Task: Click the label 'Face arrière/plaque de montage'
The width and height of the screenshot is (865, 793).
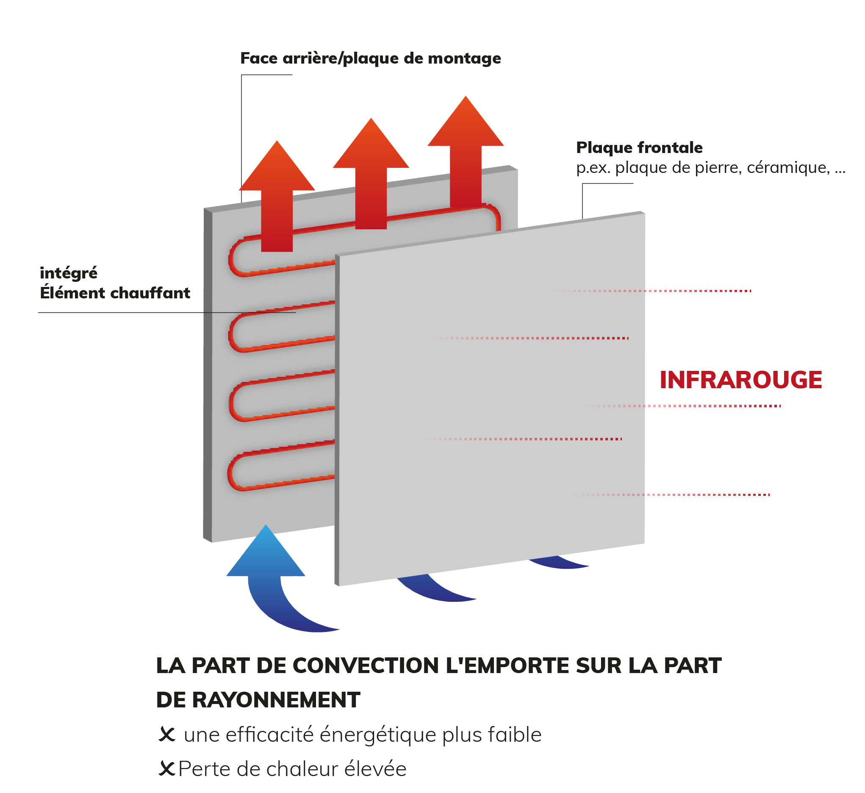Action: pos(370,58)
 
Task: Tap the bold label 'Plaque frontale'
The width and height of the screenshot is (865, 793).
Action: pos(639,147)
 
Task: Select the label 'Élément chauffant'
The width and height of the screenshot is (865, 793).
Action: pos(115,293)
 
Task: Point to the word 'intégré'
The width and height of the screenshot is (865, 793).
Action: pos(69,273)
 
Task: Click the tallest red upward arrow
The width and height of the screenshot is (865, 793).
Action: pos(466,151)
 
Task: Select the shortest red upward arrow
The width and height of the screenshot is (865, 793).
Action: pos(277,196)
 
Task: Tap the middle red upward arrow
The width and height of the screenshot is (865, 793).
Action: pos(371,173)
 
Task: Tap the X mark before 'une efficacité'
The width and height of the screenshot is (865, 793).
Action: pos(167,735)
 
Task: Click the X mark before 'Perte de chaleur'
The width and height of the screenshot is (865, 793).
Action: pos(167,769)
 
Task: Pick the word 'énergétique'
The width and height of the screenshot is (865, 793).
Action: pos(379,735)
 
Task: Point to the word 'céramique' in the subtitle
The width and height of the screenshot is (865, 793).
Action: pos(788,167)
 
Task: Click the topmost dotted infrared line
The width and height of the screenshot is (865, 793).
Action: pos(652,291)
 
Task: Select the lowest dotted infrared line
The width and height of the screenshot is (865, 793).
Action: pos(671,495)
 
